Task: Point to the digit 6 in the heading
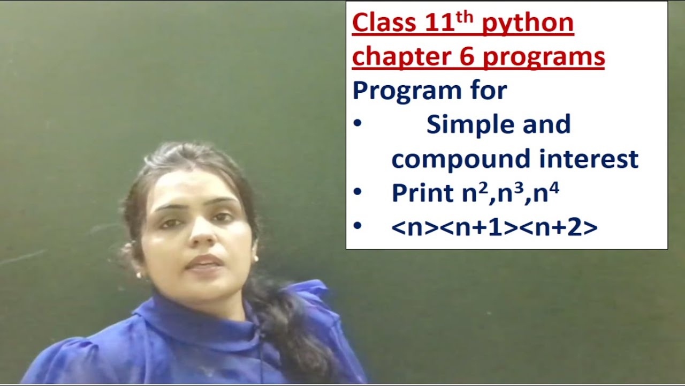[x=467, y=57]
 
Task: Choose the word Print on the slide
[x=422, y=193]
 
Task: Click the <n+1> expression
[x=479, y=227]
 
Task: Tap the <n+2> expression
[x=558, y=227]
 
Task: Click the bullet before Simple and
[x=357, y=124]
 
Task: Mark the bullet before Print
[x=357, y=192]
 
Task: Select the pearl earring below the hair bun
[x=139, y=275]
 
